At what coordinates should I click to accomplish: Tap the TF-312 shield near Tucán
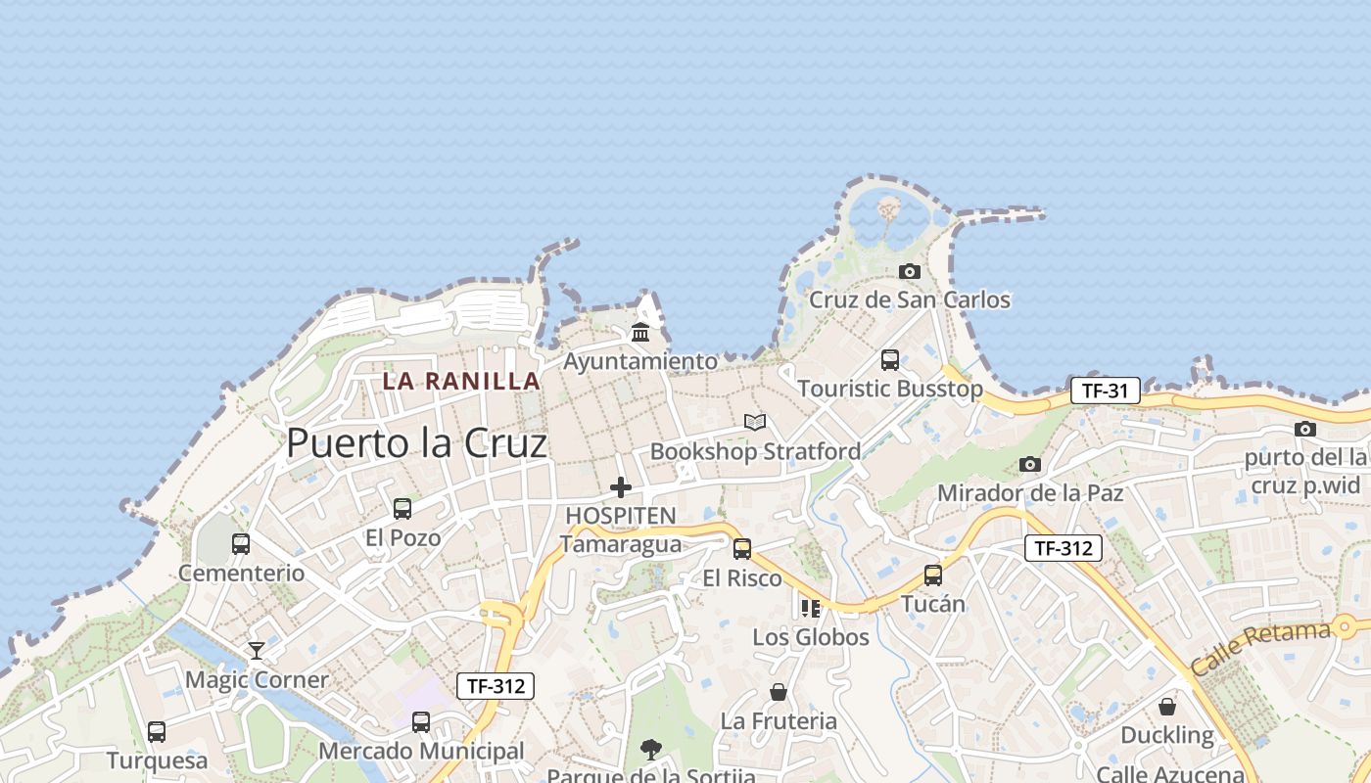tap(1064, 548)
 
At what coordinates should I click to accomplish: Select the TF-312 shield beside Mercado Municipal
tap(496, 686)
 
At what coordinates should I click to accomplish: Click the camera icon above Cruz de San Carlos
tap(910, 271)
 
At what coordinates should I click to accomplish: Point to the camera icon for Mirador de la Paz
tap(1029, 464)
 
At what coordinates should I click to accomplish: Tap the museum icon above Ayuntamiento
tap(640, 333)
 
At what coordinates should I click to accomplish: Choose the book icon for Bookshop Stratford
tap(754, 422)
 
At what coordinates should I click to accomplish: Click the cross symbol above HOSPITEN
tap(620, 486)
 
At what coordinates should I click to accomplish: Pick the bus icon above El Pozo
tap(402, 508)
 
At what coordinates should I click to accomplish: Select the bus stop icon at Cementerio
tap(241, 543)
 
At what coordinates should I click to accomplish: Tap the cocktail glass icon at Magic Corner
tap(257, 650)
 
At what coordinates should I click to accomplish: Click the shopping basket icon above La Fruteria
tap(779, 692)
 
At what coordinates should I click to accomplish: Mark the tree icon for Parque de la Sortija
tap(650, 750)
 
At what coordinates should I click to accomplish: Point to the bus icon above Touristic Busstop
tap(889, 359)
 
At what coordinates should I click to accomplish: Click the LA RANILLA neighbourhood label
tap(461, 381)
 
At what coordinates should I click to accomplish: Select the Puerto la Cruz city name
tap(416, 443)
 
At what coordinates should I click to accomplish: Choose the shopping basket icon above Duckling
tap(1167, 706)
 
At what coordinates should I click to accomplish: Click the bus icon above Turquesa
tap(157, 731)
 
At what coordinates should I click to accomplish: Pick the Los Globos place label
tap(811, 637)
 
